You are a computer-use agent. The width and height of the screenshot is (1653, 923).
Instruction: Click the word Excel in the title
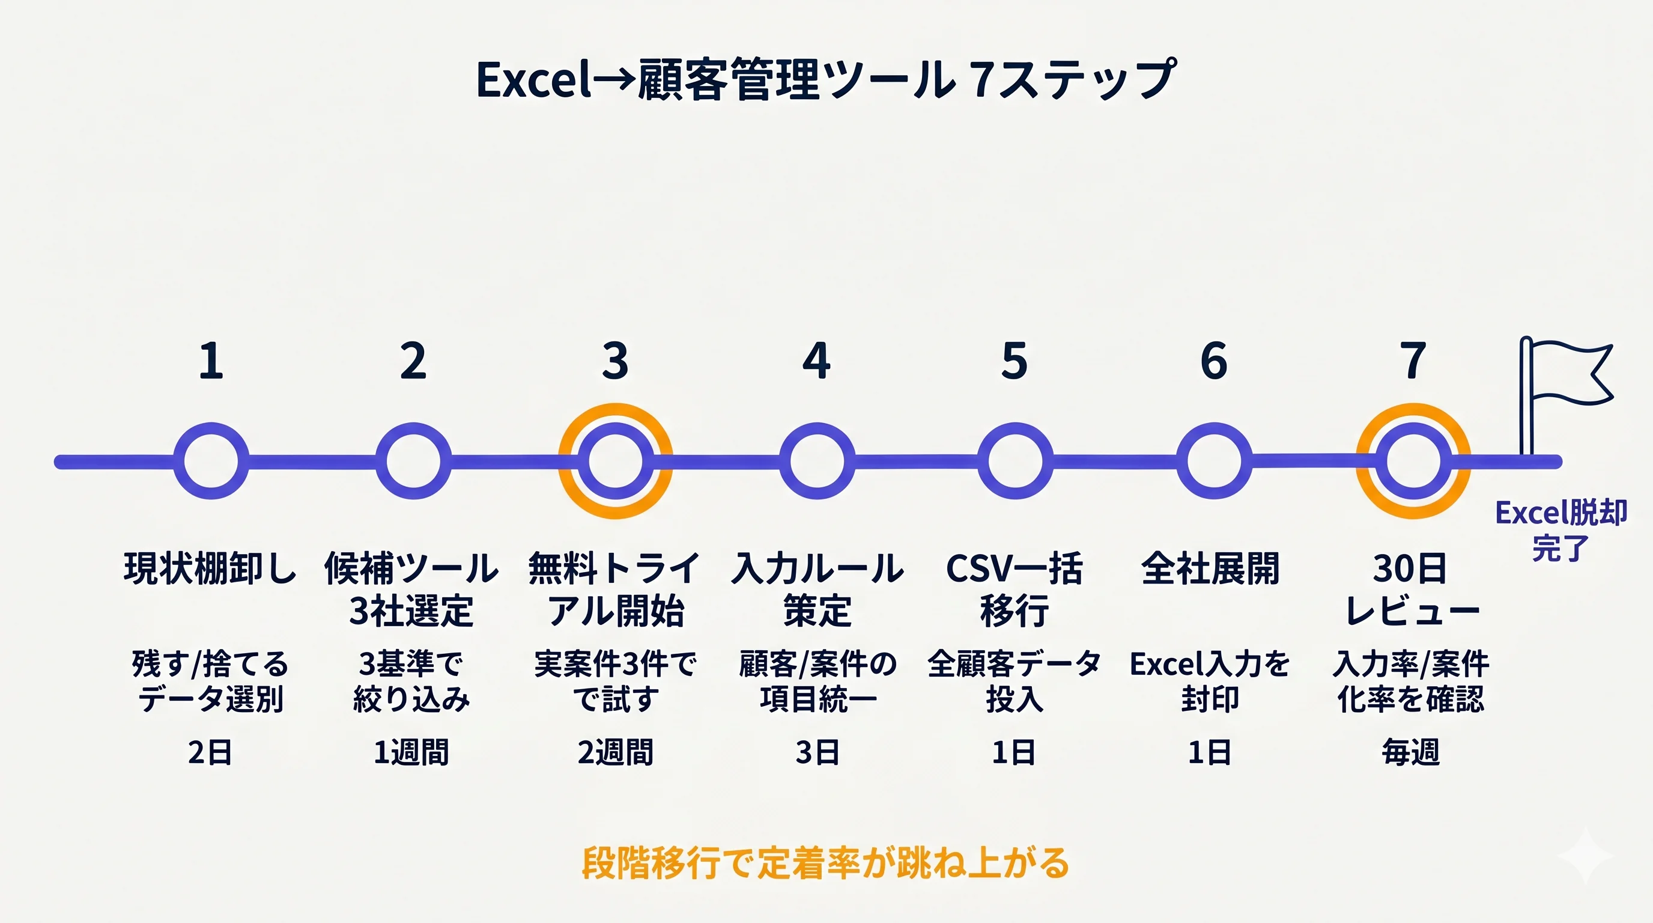pyautogui.click(x=533, y=81)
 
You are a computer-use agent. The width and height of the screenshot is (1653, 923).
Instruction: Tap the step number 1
pyautogui.click(x=211, y=361)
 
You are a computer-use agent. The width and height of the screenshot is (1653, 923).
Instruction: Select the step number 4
pyautogui.click(x=816, y=361)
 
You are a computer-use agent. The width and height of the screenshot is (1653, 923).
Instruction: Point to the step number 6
pyautogui.click(x=1213, y=361)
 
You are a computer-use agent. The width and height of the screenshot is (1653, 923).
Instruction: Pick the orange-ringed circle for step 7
pyautogui.click(x=1413, y=461)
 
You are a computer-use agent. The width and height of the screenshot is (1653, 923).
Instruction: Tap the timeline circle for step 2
pyautogui.click(x=413, y=461)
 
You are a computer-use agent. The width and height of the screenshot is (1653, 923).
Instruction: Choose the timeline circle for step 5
pyautogui.click(x=1015, y=461)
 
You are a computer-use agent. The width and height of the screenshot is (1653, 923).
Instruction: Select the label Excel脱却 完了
pyautogui.click(x=1560, y=530)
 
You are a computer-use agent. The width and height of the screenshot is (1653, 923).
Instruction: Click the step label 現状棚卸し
pyautogui.click(x=210, y=568)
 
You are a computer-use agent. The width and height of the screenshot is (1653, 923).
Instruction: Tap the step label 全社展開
pyautogui.click(x=1210, y=568)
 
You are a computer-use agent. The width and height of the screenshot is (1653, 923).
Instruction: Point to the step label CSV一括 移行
pyautogui.click(x=1015, y=589)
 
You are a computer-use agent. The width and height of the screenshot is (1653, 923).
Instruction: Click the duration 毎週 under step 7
pyautogui.click(x=1411, y=752)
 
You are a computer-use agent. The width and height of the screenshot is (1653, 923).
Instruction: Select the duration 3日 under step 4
pyautogui.click(x=817, y=752)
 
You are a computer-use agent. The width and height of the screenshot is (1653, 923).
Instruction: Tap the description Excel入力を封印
pyautogui.click(x=1210, y=681)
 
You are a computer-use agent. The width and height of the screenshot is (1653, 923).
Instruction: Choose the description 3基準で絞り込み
pyautogui.click(x=411, y=681)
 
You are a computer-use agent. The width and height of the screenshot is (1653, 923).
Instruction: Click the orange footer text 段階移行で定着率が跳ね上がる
pyautogui.click(x=825, y=864)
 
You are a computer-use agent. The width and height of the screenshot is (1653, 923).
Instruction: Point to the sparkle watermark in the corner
pyautogui.click(x=1585, y=856)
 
